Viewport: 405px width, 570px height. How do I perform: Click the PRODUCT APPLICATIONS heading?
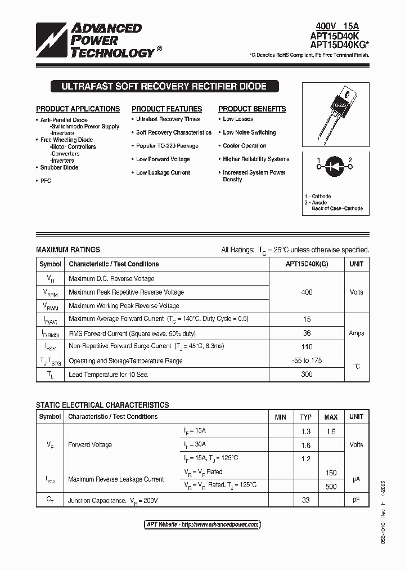pyautogui.click(x=78, y=109)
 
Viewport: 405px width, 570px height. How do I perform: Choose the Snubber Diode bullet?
pyautogui.click(x=59, y=167)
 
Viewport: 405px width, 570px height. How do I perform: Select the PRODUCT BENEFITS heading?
pyautogui.click(x=252, y=109)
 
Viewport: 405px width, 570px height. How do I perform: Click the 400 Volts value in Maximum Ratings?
pyautogui.click(x=307, y=292)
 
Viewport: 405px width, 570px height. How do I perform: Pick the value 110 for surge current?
pyautogui.click(x=307, y=346)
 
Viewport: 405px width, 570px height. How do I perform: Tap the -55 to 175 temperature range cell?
pyautogui.click(x=307, y=360)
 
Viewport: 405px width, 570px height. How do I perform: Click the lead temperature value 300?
pyautogui.click(x=307, y=375)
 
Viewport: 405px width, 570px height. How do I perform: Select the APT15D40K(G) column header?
pyautogui.click(x=307, y=264)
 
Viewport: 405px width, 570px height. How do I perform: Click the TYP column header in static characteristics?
pyautogui.click(x=305, y=417)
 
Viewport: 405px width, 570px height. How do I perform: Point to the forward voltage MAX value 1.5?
pyautogui.click(x=331, y=431)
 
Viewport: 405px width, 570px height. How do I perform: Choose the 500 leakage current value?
pyautogui.click(x=331, y=486)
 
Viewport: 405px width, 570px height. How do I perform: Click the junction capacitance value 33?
pyautogui.click(x=305, y=500)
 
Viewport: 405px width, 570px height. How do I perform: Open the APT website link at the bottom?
pyautogui.click(x=202, y=524)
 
